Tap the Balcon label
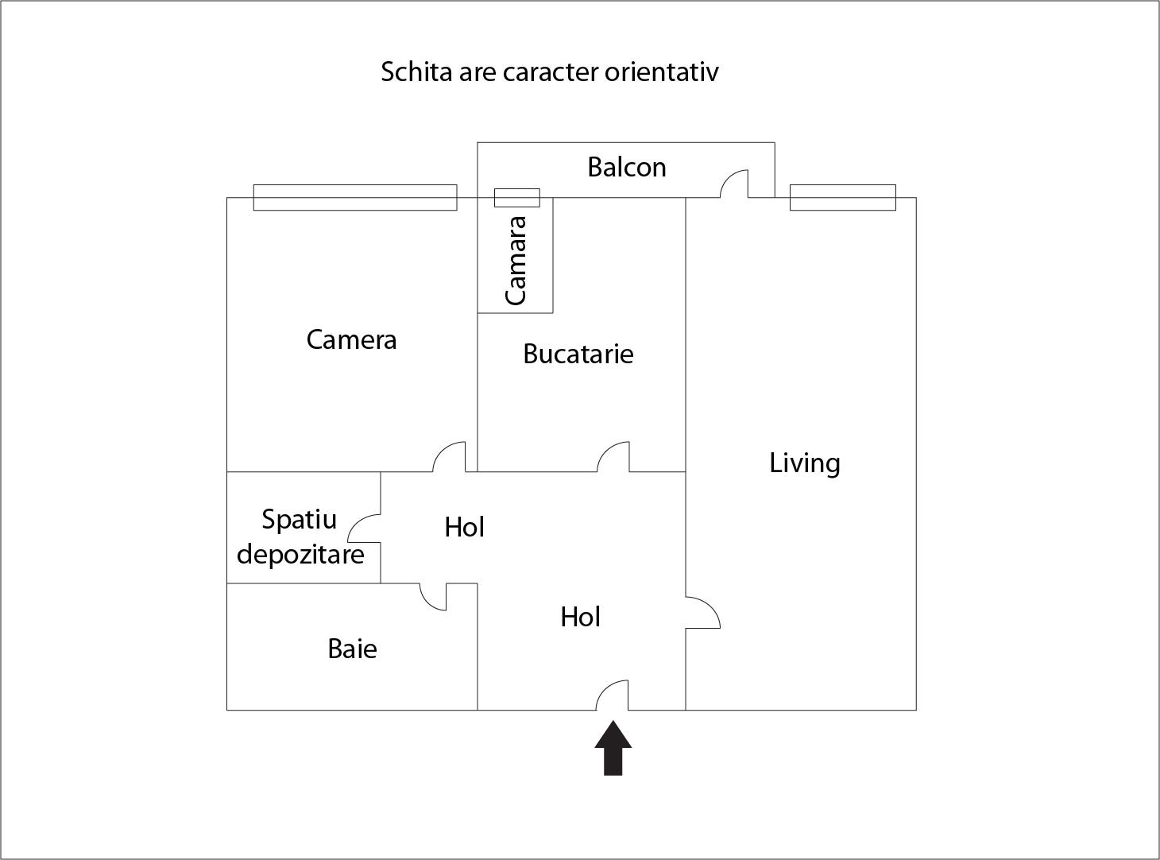click(x=626, y=167)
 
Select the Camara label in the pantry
click(x=516, y=260)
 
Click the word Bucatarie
click(x=578, y=354)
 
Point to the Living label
click(x=804, y=463)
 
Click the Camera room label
click(x=351, y=339)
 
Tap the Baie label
click(x=352, y=649)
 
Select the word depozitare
click(x=300, y=554)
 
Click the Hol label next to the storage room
click(x=464, y=527)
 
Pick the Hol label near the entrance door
click(x=580, y=617)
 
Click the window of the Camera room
click(x=354, y=197)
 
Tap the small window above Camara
click(x=516, y=197)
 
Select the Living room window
click(x=842, y=197)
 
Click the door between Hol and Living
click(x=703, y=612)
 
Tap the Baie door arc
click(x=433, y=597)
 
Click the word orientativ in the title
click(x=661, y=72)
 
